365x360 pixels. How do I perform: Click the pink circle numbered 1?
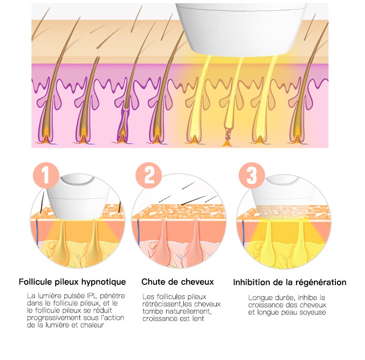46,175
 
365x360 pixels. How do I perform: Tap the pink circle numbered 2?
149,175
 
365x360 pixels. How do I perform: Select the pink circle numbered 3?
252,175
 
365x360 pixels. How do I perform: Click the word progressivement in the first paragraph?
54,318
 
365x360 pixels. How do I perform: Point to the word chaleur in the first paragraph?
92,325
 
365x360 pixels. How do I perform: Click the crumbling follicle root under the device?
227,137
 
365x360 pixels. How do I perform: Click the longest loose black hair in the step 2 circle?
193,200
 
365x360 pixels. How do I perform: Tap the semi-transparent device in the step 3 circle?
283,198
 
